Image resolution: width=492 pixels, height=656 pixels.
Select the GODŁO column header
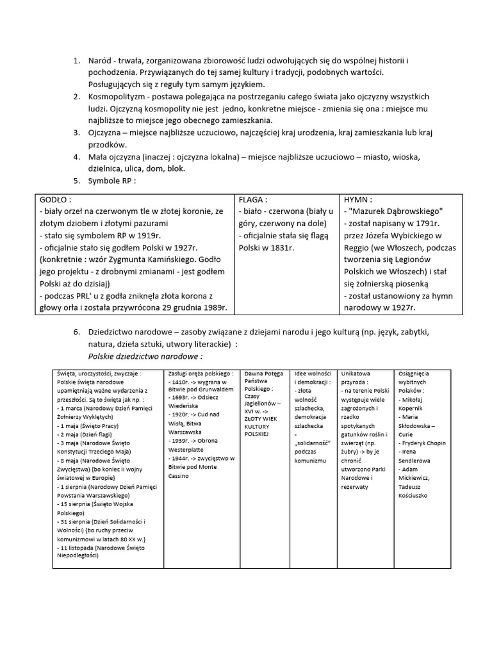pos(56,199)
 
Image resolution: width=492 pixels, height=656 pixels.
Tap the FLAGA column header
pos(253,199)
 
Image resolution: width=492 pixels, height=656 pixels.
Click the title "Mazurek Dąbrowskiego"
pos(397,211)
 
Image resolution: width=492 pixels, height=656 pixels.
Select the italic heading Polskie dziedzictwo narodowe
pos(145,356)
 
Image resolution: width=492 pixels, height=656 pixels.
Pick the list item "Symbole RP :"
pos(112,181)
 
